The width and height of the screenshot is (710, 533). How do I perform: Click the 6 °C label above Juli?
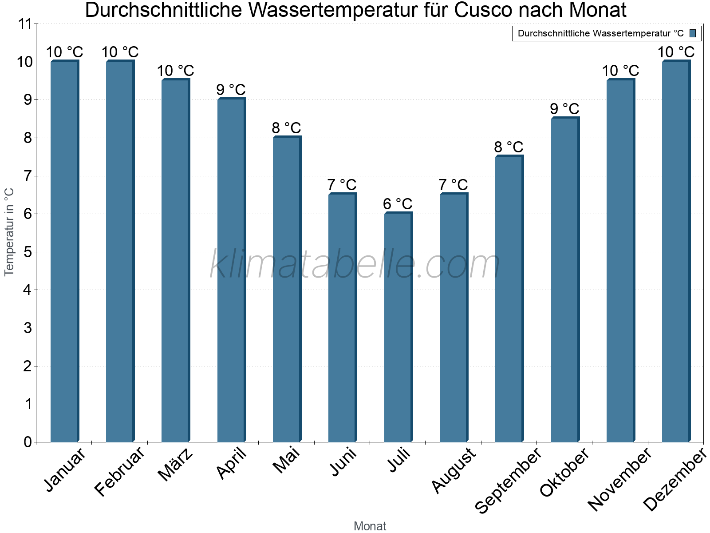pyautogui.click(x=398, y=204)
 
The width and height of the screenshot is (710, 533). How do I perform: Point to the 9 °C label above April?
pyautogui.click(x=231, y=90)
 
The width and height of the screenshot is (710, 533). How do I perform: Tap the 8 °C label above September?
pyautogui.click(x=509, y=147)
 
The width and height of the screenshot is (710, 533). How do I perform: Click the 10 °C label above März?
pyautogui.click(x=176, y=71)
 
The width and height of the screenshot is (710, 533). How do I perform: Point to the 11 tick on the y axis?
pyautogui.click(x=26, y=24)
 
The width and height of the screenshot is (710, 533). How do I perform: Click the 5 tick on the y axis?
pyautogui.click(x=28, y=252)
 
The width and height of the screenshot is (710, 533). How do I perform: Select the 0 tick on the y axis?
pyautogui.click(x=28, y=442)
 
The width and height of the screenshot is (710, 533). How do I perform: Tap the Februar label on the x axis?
pyautogui.click(x=120, y=472)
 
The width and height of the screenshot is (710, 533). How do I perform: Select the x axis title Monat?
pyautogui.click(x=370, y=526)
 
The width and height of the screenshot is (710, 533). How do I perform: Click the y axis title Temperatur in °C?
pyautogui.click(x=9, y=232)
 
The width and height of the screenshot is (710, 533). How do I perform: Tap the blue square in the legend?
pyautogui.click(x=693, y=33)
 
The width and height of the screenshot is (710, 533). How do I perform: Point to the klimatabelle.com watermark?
pyautogui.click(x=355, y=265)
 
